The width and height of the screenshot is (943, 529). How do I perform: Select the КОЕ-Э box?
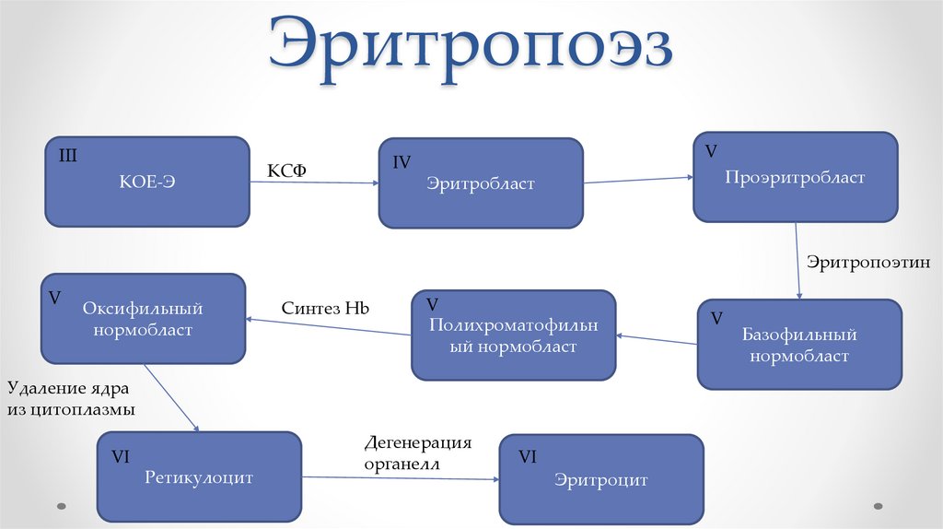click(147, 182)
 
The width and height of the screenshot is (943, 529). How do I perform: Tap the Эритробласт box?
click(480, 183)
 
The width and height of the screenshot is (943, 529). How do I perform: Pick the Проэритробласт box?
click(795, 178)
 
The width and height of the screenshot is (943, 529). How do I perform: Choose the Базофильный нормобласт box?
click(799, 344)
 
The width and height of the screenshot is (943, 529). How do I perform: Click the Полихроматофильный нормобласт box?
click(513, 335)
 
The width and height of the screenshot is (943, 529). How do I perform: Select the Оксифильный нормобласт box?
click(142, 318)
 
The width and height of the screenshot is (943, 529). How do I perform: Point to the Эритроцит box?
click(601, 480)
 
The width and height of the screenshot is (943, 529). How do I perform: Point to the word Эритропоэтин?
click(868, 263)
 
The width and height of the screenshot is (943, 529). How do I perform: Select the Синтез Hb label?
click(326, 308)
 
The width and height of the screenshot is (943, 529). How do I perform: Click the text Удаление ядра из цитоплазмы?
click(73, 397)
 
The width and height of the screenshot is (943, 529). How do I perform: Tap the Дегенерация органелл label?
click(417, 453)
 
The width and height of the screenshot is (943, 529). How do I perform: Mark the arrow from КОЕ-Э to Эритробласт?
click(314, 182)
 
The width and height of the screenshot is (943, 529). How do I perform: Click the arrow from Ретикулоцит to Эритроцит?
click(401, 477)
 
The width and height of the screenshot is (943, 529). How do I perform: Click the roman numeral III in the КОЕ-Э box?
click(69, 154)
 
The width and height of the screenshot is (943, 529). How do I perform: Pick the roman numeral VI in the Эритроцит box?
click(528, 456)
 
